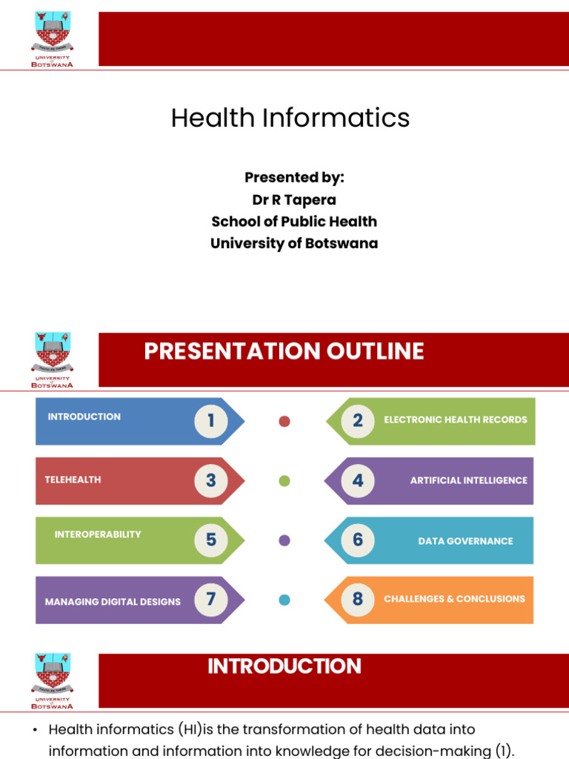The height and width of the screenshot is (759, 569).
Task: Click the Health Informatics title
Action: point(290,118)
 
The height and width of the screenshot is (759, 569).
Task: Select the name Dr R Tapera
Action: point(294,199)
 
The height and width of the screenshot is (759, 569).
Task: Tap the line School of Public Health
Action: point(294,222)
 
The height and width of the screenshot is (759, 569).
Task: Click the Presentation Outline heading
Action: point(284,351)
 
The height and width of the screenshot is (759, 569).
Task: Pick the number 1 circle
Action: point(211,421)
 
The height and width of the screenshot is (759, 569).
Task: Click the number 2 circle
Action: point(358,421)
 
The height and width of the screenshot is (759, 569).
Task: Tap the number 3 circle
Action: point(211,480)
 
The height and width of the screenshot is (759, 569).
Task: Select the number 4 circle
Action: point(358,480)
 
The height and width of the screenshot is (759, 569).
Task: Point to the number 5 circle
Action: point(211,540)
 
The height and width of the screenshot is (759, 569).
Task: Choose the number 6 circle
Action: point(358,540)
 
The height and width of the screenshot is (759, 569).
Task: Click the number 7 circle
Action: point(211,599)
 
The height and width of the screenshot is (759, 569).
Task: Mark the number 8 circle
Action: point(358,599)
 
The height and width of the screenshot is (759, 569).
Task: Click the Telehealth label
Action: point(73,480)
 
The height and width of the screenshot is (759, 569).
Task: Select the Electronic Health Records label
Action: point(456,420)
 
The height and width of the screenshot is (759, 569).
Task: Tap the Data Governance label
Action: point(465,541)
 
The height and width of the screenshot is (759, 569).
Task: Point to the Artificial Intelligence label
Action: point(468,480)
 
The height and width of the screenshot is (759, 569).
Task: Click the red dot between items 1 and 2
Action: point(284,422)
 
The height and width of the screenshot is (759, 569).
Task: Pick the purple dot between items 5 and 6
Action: point(284,540)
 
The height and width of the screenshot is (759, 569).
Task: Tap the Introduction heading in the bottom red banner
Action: point(284,666)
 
